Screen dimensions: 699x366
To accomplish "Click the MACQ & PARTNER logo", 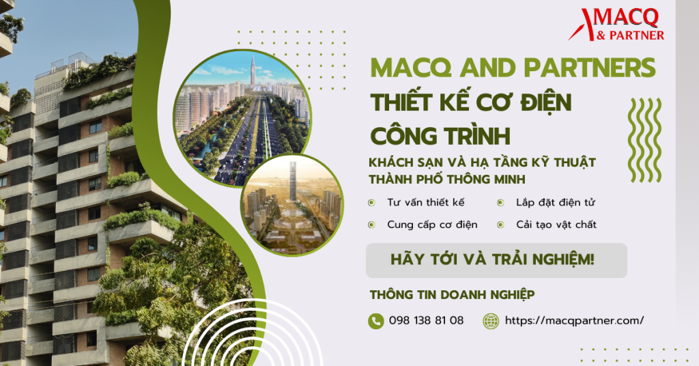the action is pyautogui.click(x=616, y=25).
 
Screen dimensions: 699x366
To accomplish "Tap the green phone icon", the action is pyautogui.click(x=376, y=321).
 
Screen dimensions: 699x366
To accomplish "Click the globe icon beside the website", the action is pyautogui.click(x=491, y=321).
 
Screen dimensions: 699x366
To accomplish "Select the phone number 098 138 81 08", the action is pyautogui.click(x=426, y=320).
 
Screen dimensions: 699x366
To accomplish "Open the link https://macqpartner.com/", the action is pyautogui.click(x=574, y=320).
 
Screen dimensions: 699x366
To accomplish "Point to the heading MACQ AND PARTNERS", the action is pyautogui.click(x=513, y=68).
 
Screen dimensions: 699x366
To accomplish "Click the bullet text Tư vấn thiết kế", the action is pyautogui.click(x=426, y=202).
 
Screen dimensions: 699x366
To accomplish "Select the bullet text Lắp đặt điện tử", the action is pyautogui.click(x=556, y=202).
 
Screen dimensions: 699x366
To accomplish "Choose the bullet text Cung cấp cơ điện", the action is pyautogui.click(x=432, y=224).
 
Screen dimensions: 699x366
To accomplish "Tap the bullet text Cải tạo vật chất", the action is pyautogui.click(x=556, y=224).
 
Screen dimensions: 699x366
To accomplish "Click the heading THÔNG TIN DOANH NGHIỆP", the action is pyautogui.click(x=452, y=295).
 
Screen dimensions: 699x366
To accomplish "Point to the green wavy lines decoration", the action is pyautogui.click(x=644, y=140).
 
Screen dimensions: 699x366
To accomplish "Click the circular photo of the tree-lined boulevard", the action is pyautogui.click(x=242, y=118).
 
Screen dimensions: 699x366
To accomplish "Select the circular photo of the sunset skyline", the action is pyautogui.click(x=292, y=205).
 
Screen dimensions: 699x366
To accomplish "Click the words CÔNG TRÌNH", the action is pyautogui.click(x=440, y=136).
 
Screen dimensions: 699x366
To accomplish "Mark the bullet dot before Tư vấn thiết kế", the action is pyautogui.click(x=371, y=203).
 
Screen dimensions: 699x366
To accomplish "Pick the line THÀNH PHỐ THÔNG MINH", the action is pyautogui.click(x=446, y=179).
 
